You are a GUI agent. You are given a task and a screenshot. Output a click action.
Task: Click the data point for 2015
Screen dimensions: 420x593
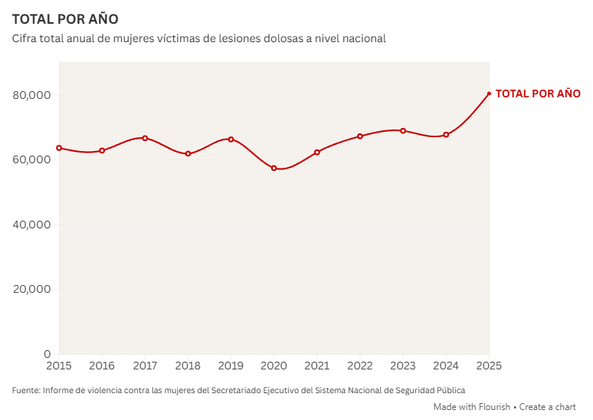coord(59,148)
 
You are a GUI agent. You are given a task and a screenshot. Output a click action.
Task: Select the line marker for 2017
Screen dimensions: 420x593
coord(145,138)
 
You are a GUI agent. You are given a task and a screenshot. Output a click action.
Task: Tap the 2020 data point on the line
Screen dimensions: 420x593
coord(274,168)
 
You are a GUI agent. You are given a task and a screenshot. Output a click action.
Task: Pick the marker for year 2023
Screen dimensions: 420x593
coord(403,131)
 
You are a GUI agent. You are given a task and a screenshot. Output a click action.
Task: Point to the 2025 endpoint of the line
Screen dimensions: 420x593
coord(489,94)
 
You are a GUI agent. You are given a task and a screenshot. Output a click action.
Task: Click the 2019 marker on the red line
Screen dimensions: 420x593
coord(231,139)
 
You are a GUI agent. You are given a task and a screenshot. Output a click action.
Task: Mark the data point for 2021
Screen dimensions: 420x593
coord(316,152)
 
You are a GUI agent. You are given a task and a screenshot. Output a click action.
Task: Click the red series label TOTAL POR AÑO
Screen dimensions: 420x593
coord(538,94)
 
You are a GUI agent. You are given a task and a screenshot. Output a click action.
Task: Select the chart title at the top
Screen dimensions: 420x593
coord(65,18)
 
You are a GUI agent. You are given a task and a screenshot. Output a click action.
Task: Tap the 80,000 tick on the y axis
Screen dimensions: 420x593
coord(31,95)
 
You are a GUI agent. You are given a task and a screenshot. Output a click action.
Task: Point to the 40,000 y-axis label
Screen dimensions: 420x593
coord(31,225)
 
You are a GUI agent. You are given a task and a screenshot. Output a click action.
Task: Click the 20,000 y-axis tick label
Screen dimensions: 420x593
coord(31,290)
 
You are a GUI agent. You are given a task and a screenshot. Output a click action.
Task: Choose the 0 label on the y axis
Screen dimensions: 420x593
coord(47,354)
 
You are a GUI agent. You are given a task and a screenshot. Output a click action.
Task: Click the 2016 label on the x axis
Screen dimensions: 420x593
coord(102,366)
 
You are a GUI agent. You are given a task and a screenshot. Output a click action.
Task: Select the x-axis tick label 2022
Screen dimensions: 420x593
coord(360,366)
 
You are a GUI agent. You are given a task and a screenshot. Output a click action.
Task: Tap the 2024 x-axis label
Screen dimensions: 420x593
coord(446,366)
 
